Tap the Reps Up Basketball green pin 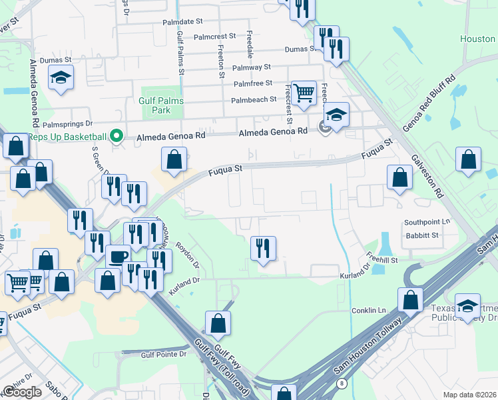point(117,137)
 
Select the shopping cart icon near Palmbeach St point(304,93)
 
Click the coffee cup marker point(119,257)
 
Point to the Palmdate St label point(182,22)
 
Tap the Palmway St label point(251,67)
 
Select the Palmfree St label point(253,83)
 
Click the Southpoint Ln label point(427,222)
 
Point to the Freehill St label point(381,259)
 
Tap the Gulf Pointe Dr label point(164,354)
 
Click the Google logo point(22,392)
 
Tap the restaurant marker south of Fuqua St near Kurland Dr point(263,249)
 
